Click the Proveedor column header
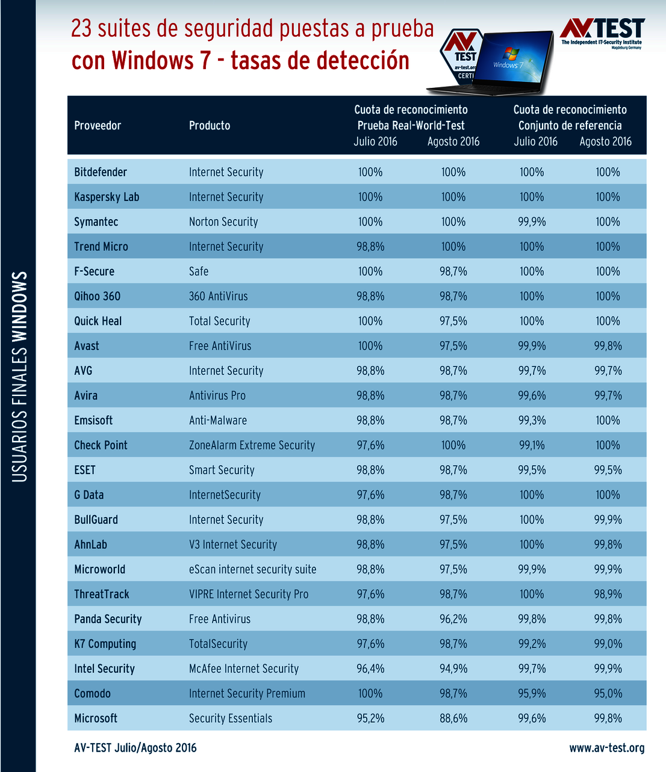98,126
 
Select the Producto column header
210,126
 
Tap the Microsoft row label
96,718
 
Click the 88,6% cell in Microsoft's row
453,718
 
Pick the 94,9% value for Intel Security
453,669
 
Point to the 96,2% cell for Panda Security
453,619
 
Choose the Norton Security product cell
223,222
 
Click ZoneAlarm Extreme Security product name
252,445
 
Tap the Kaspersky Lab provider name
107,197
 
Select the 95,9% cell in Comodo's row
532,694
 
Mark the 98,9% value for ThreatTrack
608,594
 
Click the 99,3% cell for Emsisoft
532,421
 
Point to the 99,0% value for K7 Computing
608,644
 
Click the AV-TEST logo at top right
602,33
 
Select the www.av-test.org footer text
606,748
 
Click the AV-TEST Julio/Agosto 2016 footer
135,748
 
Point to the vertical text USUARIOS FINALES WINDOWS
20,377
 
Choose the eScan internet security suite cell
252,569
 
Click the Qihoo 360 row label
97,297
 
